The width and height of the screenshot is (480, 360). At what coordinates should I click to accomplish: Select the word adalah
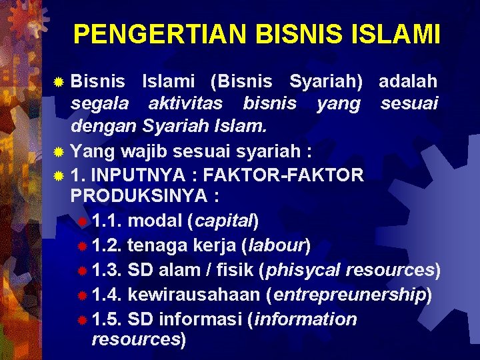tap(408, 81)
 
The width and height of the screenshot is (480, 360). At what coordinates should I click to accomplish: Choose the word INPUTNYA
tap(137, 175)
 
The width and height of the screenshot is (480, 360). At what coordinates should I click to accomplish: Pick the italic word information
tap(305, 319)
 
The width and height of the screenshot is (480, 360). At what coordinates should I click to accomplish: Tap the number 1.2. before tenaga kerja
tap(107, 245)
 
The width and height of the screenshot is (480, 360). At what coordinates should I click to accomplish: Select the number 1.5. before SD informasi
tap(107, 319)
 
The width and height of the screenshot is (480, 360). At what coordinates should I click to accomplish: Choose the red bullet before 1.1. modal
tap(82, 221)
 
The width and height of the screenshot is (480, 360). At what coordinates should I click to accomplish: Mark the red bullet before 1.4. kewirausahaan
tap(82, 295)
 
